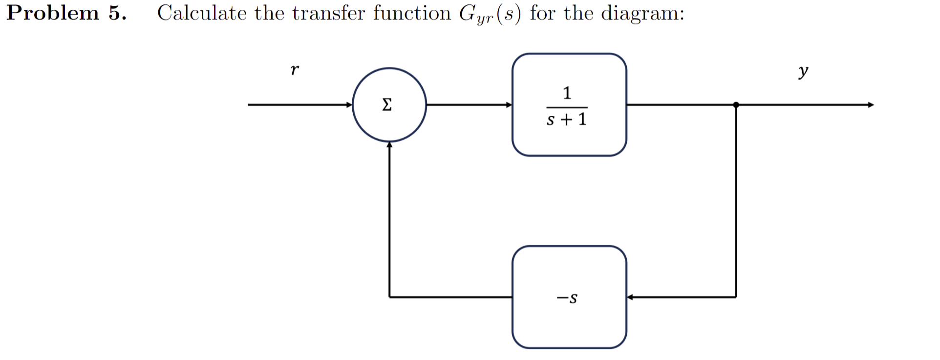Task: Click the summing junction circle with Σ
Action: tap(389, 105)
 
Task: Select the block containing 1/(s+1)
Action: tap(569, 105)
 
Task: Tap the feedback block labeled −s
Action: tap(569, 297)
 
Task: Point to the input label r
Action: tap(294, 70)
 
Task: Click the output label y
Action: tap(803, 72)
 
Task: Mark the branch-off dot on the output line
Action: tap(736, 105)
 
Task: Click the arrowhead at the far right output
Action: tap(871, 105)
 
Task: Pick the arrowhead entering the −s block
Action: tap(630, 297)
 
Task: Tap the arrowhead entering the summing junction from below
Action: tap(389, 145)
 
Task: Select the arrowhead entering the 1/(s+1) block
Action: tap(509, 105)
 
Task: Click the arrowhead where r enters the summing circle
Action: tap(349, 105)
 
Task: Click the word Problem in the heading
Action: tap(53, 13)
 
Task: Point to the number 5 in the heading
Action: tap(116, 13)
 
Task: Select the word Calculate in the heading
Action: tap(202, 13)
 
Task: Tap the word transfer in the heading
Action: tap(328, 13)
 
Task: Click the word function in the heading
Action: tap(412, 13)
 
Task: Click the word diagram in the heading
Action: tap(642, 14)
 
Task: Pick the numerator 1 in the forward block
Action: tap(567, 92)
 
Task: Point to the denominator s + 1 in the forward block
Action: tap(567, 119)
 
